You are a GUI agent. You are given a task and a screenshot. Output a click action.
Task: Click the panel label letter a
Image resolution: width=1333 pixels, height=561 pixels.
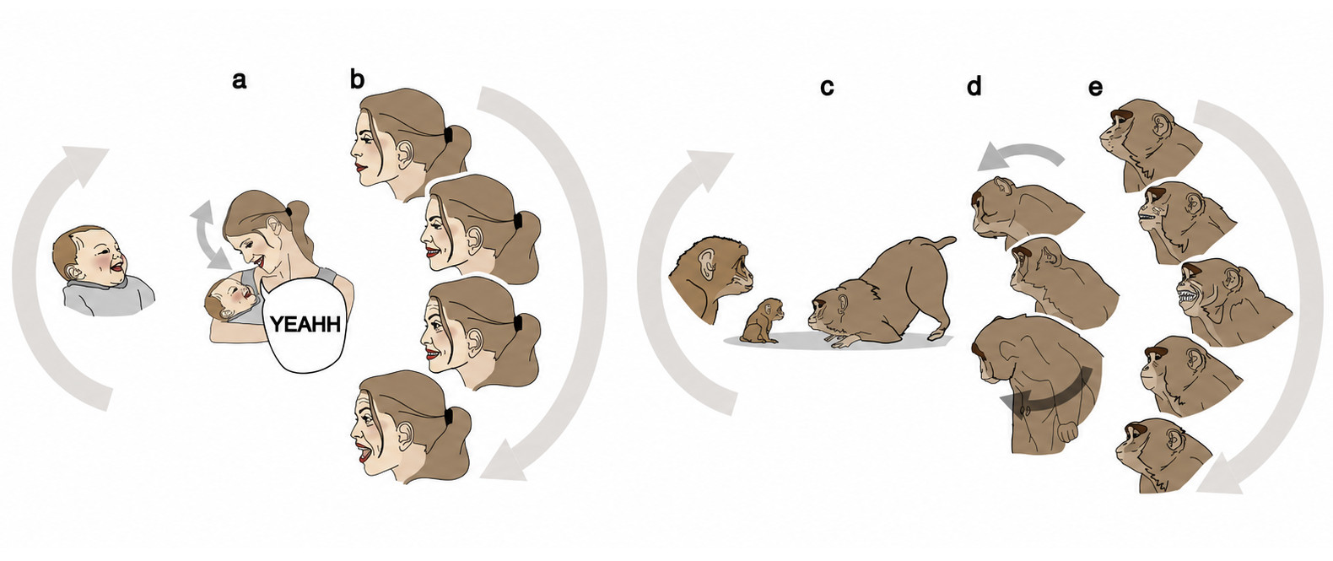(x=239, y=79)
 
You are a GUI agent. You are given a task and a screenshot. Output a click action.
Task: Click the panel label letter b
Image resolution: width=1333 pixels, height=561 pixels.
(x=357, y=78)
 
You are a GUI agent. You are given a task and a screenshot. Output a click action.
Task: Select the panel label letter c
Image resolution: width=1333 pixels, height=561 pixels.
(x=827, y=87)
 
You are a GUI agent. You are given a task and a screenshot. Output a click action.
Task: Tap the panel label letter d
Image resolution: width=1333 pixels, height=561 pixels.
(x=974, y=86)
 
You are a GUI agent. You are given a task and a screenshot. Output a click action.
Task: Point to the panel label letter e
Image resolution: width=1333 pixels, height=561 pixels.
(x=1095, y=88)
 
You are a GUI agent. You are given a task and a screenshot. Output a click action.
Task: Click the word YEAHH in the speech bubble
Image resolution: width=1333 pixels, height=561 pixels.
(x=305, y=324)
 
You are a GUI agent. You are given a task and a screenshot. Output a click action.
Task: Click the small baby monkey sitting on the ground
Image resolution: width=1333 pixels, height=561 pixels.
(x=763, y=321)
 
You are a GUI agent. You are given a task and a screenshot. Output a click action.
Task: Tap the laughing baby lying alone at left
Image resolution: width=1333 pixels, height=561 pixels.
(x=101, y=271)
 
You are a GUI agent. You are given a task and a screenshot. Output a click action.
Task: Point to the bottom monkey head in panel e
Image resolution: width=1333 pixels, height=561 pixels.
(x=1163, y=455)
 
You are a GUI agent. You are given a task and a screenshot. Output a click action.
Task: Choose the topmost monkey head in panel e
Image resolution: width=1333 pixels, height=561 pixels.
(x=1148, y=143)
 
